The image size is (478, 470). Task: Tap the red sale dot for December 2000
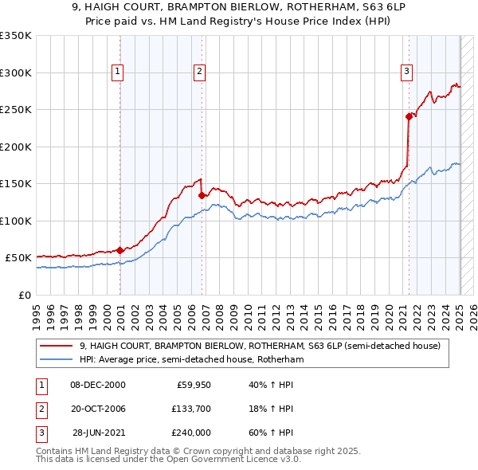[120, 250]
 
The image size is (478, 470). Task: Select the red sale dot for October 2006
[202, 195]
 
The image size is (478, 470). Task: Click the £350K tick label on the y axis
[16, 36]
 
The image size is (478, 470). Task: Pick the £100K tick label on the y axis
[16, 221]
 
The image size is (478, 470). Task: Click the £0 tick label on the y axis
[24, 295]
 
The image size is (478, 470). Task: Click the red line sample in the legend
[57, 347]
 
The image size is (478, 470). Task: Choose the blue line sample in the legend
[57, 359]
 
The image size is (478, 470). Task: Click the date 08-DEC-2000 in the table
[98, 385]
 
